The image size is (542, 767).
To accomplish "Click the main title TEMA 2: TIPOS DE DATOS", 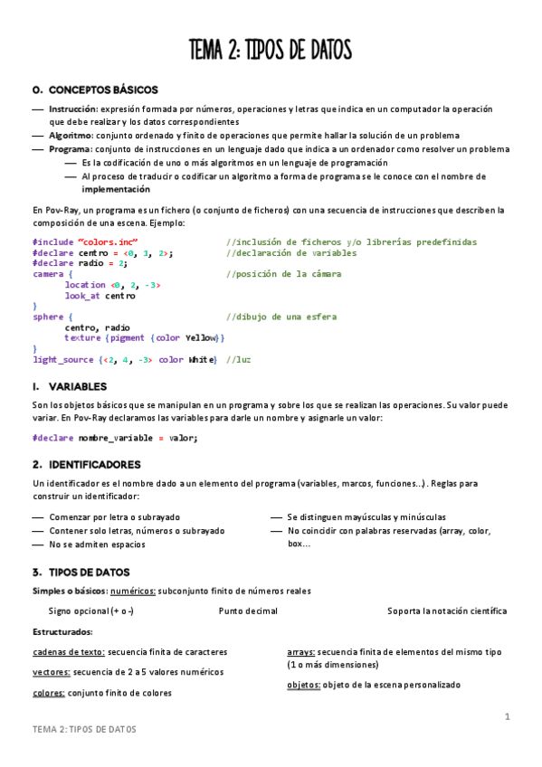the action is click(271, 50).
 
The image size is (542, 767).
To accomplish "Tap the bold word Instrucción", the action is click(73, 109).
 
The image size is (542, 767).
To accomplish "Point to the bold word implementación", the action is click(116, 190).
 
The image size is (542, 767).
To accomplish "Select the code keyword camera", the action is click(47, 274).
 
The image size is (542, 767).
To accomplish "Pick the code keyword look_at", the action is click(83, 296).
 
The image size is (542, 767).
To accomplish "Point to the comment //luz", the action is click(238, 360).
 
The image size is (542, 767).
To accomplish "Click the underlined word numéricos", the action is click(132, 591).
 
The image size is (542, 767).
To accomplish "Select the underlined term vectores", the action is click(50, 672).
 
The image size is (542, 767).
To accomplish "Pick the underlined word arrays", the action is click(300, 651).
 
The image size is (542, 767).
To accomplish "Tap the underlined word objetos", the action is click(303, 685).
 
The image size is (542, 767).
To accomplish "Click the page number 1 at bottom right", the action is click(508, 717).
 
